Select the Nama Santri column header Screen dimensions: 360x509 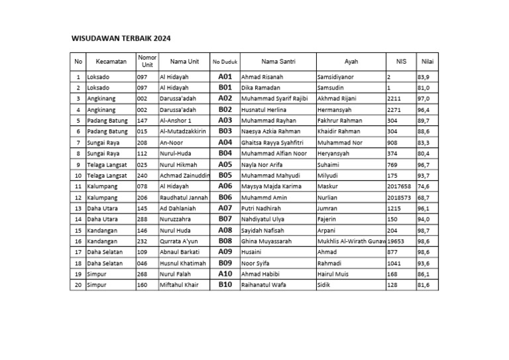click(x=278, y=62)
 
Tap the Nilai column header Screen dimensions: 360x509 click(x=427, y=62)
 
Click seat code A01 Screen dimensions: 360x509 click(x=225, y=77)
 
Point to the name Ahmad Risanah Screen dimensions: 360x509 click(x=262, y=77)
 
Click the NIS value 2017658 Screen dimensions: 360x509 click(x=400, y=186)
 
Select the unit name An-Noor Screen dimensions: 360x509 click(x=172, y=143)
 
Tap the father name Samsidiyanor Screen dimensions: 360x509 click(x=336, y=77)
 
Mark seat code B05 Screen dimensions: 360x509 click(x=225, y=175)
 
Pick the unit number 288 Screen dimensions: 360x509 click(x=142, y=219)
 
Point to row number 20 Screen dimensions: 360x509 click(x=78, y=285)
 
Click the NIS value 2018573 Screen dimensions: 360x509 click(x=400, y=198)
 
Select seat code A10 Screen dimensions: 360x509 click(x=225, y=274)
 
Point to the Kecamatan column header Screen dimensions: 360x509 click(x=111, y=62)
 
